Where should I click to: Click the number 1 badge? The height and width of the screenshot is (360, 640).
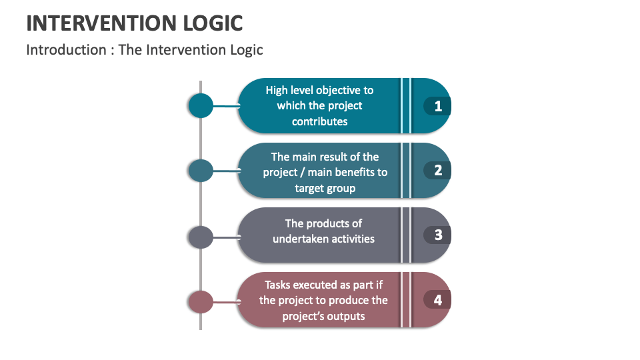[x=437, y=106]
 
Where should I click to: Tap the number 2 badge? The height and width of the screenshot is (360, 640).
[x=437, y=171]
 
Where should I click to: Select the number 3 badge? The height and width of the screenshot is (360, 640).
[x=437, y=235]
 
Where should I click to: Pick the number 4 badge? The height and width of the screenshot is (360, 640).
[x=437, y=300]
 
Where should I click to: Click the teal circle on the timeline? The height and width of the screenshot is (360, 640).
[x=201, y=105]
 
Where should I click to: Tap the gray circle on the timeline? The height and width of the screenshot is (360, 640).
[x=201, y=237]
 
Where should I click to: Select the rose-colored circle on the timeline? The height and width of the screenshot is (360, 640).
[x=201, y=301]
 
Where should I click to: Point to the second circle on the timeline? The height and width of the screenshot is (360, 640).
[x=201, y=171]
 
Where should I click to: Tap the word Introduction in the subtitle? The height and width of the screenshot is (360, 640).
[x=66, y=50]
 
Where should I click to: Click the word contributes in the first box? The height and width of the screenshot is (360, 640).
[x=319, y=121]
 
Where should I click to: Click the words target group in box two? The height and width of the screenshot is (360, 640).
[x=325, y=188]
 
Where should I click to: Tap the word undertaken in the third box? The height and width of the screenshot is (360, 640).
[x=298, y=239]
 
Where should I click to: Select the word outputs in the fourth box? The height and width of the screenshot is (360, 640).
[x=343, y=316]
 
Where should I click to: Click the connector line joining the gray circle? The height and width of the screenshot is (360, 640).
[x=226, y=237]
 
